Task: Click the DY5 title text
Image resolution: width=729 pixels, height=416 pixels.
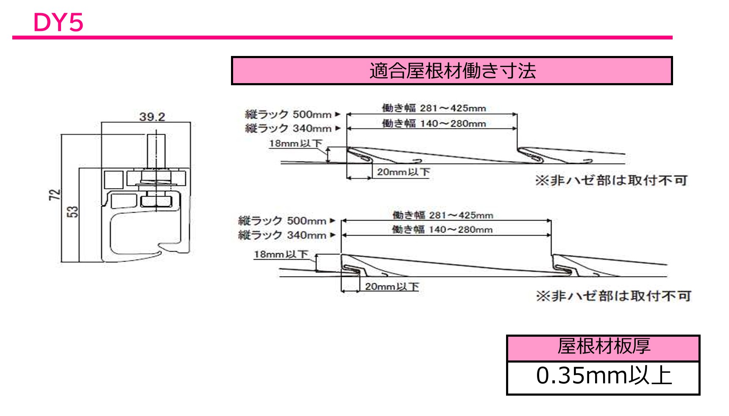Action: click(58, 22)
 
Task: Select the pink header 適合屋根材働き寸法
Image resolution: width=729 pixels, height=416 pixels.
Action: click(452, 71)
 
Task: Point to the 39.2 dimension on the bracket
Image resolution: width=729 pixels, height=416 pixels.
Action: click(152, 117)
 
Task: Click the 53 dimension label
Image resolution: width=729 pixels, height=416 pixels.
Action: click(73, 212)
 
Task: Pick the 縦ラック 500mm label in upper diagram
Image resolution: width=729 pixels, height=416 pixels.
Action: click(288, 114)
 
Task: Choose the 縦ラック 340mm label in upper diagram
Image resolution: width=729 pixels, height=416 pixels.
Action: click(288, 128)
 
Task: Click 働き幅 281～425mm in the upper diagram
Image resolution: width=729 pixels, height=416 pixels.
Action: click(434, 108)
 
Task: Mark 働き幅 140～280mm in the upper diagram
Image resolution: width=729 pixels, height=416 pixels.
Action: click(434, 123)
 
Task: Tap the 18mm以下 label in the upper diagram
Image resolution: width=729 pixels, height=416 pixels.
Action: click(295, 143)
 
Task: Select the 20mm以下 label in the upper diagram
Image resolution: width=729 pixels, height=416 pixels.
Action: click(403, 172)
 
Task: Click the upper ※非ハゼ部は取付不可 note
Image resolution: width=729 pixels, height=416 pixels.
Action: click(611, 181)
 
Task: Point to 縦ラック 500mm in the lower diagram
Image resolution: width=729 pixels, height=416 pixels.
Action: click(282, 221)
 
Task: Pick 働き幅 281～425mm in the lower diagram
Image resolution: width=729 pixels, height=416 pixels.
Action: click(442, 215)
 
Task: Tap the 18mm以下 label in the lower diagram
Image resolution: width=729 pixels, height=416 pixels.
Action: click(281, 254)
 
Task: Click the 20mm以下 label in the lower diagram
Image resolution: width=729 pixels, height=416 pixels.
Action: click(392, 287)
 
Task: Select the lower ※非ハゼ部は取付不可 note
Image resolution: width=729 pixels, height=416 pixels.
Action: click(613, 296)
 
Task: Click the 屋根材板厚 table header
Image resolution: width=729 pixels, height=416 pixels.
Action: click(603, 347)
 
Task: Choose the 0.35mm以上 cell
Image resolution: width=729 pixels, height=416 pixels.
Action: click(603, 376)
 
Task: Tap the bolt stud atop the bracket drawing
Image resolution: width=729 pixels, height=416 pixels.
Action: click(156, 151)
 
